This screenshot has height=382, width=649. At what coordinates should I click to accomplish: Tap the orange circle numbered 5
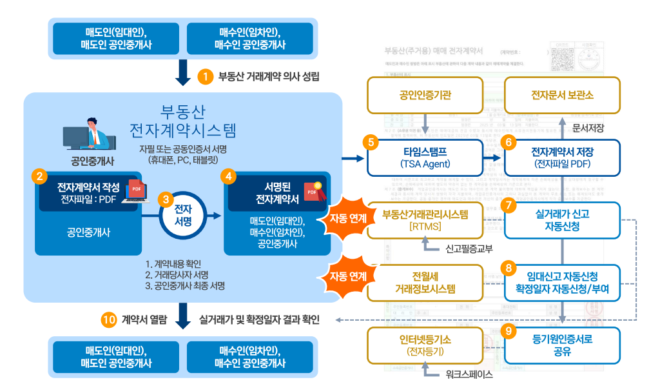[x=369, y=142]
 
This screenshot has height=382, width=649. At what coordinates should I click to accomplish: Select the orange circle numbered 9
[x=509, y=331]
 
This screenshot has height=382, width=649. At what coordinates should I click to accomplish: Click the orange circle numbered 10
[x=109, y=319]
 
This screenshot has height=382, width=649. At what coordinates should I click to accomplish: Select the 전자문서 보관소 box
[x=562, y=95]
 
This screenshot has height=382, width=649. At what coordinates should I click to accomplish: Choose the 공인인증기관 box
[x=425, y=95]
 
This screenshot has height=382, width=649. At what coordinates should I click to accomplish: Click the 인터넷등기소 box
[x=424, y=345]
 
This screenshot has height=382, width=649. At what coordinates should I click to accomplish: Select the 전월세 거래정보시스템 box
[x=424, y=283]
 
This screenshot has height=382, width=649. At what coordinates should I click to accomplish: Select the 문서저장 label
[x=588, y=128]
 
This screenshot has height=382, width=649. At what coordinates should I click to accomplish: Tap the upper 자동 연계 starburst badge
[x=348, y=218]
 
